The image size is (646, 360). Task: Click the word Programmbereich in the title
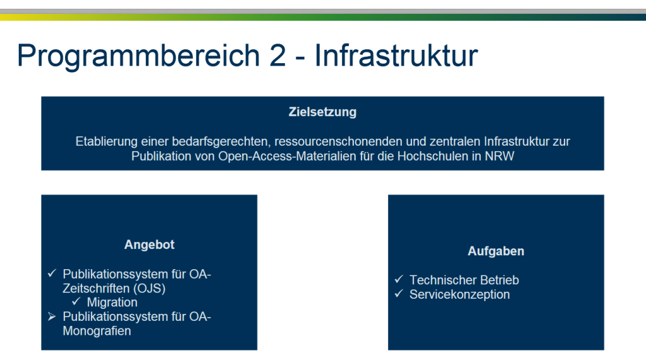(138, 56)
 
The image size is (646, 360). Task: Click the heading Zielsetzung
(322, 112)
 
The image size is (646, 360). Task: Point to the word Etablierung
(107, 142)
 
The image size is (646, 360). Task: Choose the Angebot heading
(150, 245)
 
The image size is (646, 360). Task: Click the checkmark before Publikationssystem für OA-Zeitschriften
(52, 273)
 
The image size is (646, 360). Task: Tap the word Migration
(112, 303)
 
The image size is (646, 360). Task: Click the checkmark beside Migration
(76, 301)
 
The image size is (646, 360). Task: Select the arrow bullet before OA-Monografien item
(52, 316)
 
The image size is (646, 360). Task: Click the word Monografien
(97, 331)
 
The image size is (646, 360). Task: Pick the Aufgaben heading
(496, 252)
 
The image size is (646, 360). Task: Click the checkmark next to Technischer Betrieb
(399, 279)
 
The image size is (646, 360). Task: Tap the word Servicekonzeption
(460, 294)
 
